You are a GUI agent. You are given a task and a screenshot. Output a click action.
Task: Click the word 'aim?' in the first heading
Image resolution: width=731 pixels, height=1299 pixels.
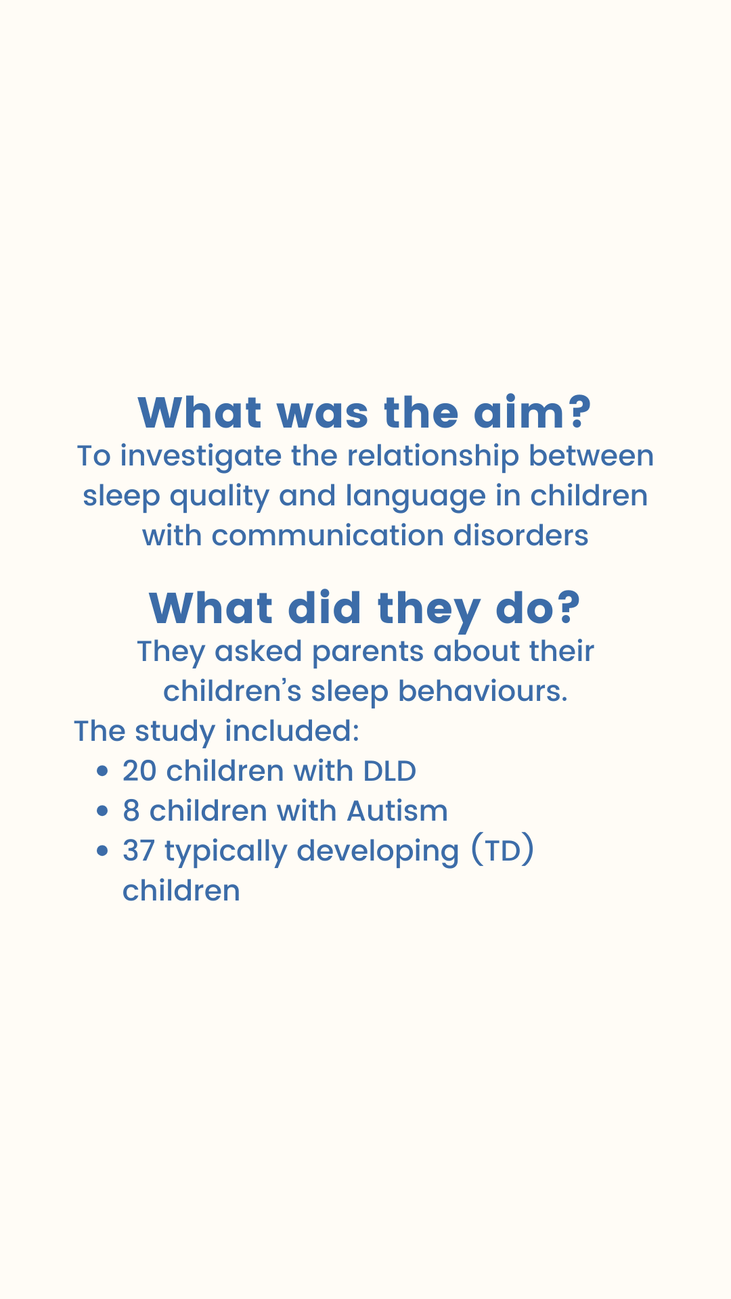coord(532,413)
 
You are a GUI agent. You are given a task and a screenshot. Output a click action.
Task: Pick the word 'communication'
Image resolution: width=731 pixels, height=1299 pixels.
coord(328,536)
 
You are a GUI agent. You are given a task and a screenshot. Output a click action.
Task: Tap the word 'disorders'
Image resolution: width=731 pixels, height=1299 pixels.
coord(521,536)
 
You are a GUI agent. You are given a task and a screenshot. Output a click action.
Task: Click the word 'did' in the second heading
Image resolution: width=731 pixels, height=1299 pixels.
coord(324,608)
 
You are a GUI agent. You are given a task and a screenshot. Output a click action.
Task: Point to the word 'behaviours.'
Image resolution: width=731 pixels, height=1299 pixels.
coord(483,691)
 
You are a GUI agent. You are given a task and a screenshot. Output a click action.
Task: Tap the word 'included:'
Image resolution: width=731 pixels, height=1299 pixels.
coord(292,731)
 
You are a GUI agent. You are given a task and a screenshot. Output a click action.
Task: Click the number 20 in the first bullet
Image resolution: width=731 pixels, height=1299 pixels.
coord(139,771)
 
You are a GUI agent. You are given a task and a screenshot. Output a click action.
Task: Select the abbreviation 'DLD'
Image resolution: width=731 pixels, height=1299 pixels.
coord(389,771)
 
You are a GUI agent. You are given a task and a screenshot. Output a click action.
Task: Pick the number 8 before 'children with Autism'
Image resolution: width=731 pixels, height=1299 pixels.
coord(131,811)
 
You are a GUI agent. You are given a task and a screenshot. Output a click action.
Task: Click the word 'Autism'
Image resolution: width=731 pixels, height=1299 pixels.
coord(397,811)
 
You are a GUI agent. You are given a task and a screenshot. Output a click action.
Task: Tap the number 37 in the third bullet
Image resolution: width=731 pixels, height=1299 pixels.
coord(139,851)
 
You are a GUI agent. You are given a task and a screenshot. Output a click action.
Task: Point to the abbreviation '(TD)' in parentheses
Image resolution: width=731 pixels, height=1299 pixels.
coord(502,851)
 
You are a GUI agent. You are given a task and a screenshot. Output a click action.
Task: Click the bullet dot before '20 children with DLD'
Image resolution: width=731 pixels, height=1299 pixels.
coord(102,772)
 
